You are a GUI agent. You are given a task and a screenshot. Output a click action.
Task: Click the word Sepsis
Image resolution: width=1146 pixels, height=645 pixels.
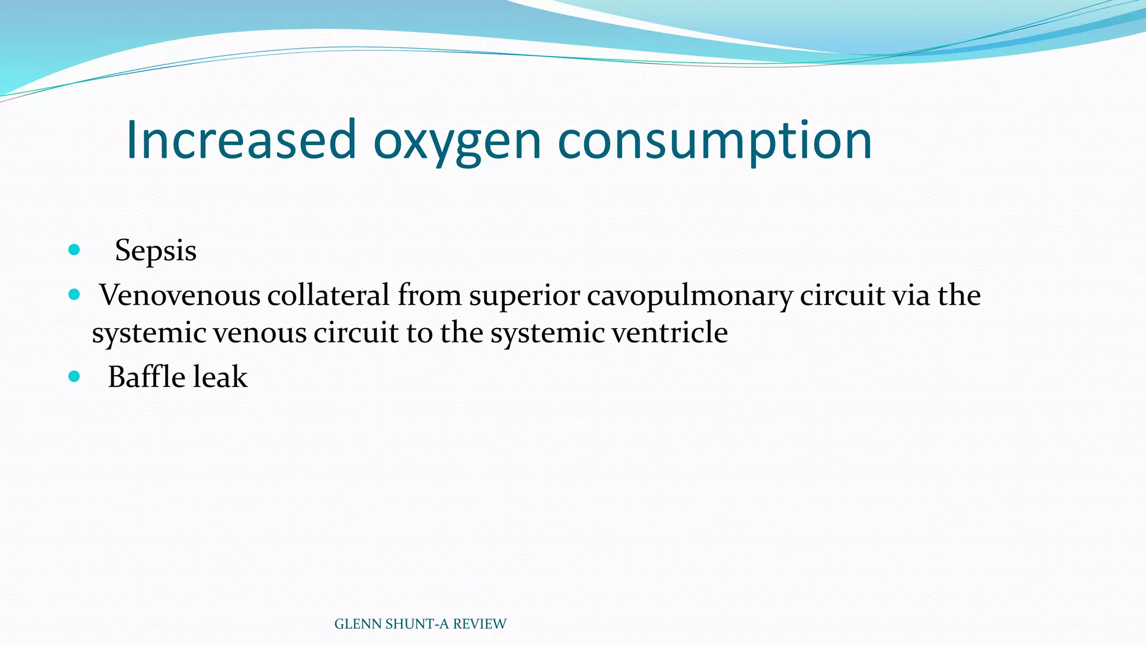(156, 250)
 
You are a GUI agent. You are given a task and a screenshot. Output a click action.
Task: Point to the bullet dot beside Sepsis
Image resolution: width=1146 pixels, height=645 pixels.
(74, 250)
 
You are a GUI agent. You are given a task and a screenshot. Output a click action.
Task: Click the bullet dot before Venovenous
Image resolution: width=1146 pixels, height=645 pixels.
(74, 295)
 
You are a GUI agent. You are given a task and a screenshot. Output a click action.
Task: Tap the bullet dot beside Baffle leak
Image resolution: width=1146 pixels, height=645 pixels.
(74, 376)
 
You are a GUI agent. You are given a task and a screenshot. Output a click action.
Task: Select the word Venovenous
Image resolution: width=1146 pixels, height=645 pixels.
(180, 295)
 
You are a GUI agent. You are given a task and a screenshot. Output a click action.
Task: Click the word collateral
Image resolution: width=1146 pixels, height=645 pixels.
(328, 295)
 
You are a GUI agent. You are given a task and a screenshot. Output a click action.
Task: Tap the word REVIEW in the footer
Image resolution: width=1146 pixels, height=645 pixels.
(480, 624)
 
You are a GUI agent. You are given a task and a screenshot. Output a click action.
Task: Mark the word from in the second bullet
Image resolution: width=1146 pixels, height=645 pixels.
(429, 295)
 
